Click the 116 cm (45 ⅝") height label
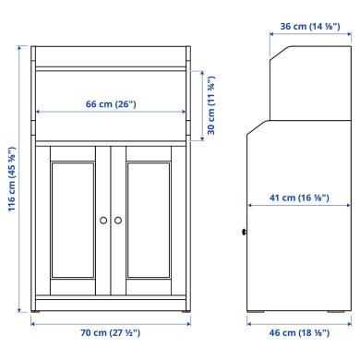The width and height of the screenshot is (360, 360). pos(11,181)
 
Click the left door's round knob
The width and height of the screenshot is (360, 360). pos(102,220)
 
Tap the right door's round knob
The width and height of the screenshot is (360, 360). pos(118,220)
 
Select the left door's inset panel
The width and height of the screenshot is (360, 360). pos(73,220)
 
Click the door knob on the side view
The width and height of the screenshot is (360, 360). pos(245,231)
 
